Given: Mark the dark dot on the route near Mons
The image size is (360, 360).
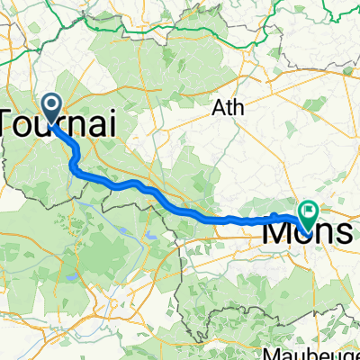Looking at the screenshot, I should [274, 215].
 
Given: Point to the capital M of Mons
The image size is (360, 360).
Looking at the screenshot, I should [275, 231].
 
